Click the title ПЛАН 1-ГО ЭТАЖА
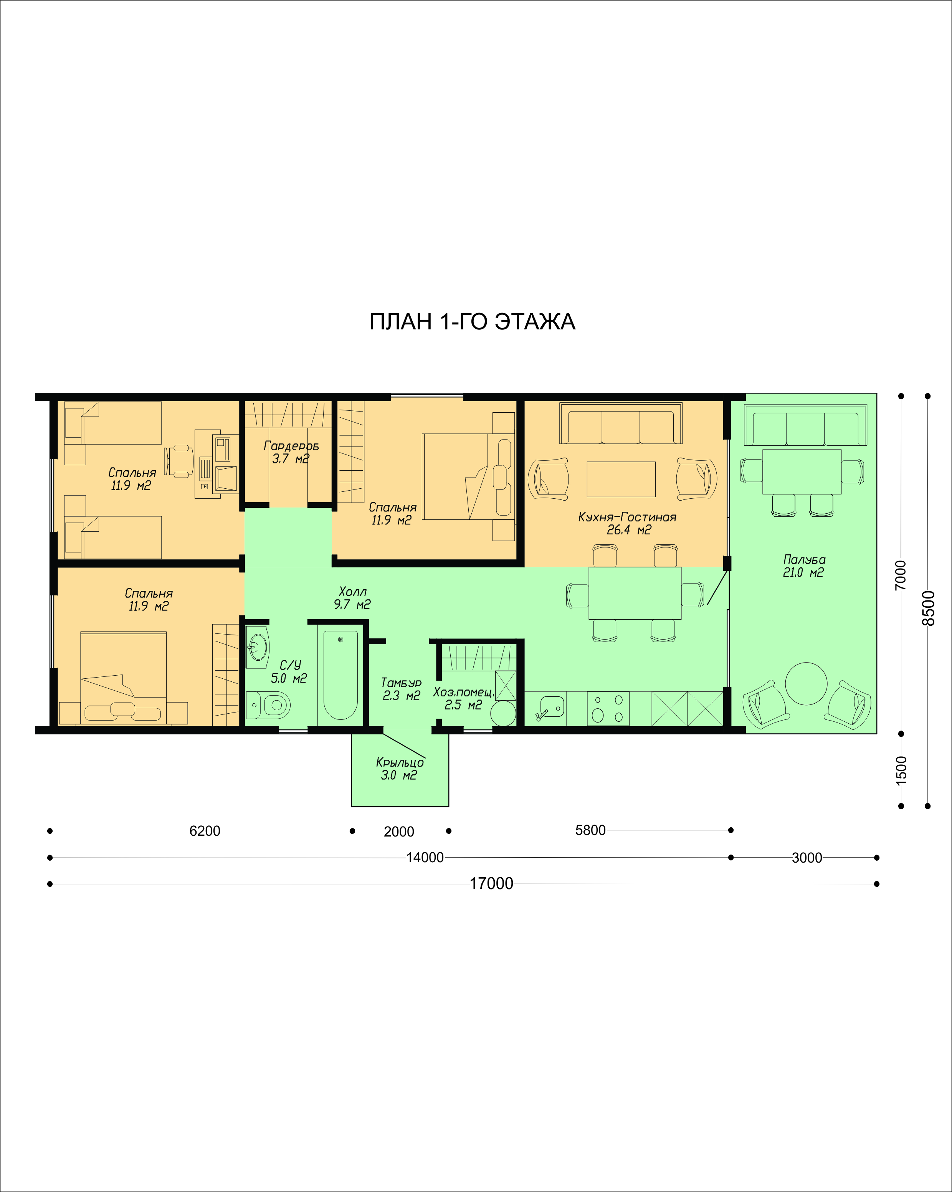472,322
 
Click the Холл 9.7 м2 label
352,598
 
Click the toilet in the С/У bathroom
269,705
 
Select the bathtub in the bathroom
340,675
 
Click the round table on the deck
806,684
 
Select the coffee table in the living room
621,479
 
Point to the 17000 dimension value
491,883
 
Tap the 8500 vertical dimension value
929,608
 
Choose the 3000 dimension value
807,858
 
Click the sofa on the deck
805,425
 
